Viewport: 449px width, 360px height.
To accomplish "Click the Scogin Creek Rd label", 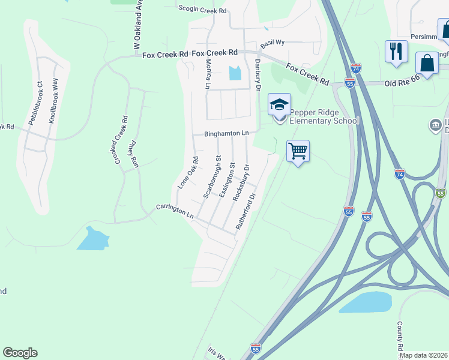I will pyautogui.click(x=204, y=10).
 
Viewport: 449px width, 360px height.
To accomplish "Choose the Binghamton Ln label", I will pyautogui.click(x=226, y=134).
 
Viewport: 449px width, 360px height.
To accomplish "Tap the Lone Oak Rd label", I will pyautogui.click(x=188, y=173).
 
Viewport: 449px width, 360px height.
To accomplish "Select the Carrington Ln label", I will pyautogui.click(x=175, y=211).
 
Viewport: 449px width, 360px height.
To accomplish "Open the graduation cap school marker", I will pyautogui.click(x=279, y=106).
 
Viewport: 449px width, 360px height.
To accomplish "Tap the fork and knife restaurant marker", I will pyautogui.click(x=396, y=51).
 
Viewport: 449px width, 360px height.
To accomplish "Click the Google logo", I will pyautogui.click(x=20, y=353).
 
